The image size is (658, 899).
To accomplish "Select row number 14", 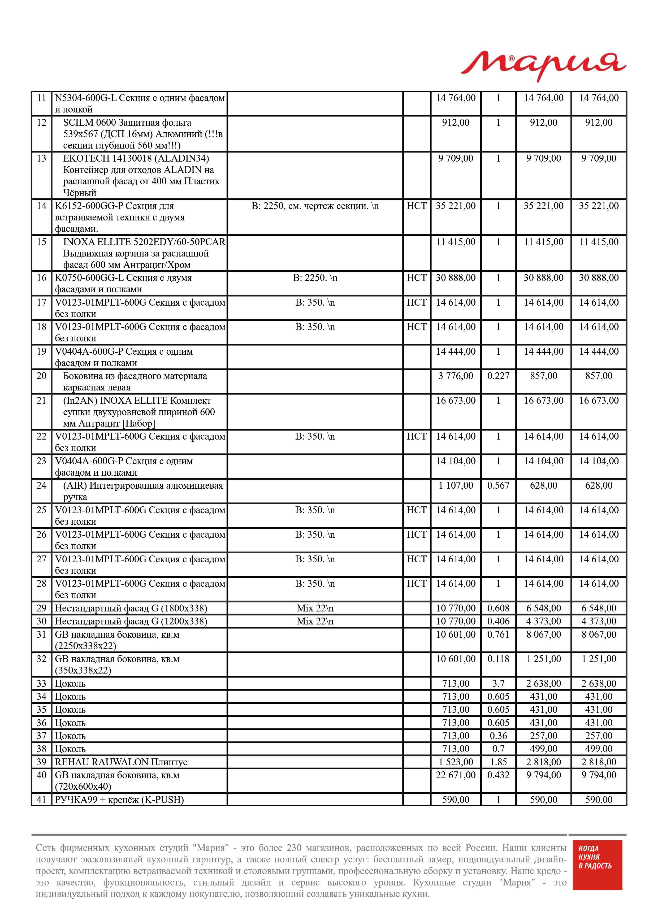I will click(x=41, y=206).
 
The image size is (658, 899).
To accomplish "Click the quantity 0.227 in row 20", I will click(x=498, y=376).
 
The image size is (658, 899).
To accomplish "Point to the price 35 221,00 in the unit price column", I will click(x=456, y=206).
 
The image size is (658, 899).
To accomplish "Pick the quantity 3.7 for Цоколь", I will click(x=498, y=684).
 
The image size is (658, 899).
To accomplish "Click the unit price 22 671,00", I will click(x=456, y=775).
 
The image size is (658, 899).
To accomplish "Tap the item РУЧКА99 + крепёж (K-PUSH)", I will click(x=119, y=800).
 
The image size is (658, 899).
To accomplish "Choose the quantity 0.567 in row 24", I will click(x=498, y=485).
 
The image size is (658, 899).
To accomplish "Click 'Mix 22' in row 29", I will click(x=315, y=608).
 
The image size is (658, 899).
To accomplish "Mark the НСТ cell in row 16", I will click(x=416, y=278).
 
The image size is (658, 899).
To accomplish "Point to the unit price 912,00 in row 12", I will click(x=456, y=123).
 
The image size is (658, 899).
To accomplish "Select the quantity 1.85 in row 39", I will click(x=498, y=762).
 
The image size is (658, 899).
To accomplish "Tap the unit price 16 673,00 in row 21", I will click(x=456, y=401).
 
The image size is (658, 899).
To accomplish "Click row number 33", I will click(x=41, y=684).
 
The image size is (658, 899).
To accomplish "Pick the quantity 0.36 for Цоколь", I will click(x=498, y=736).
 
